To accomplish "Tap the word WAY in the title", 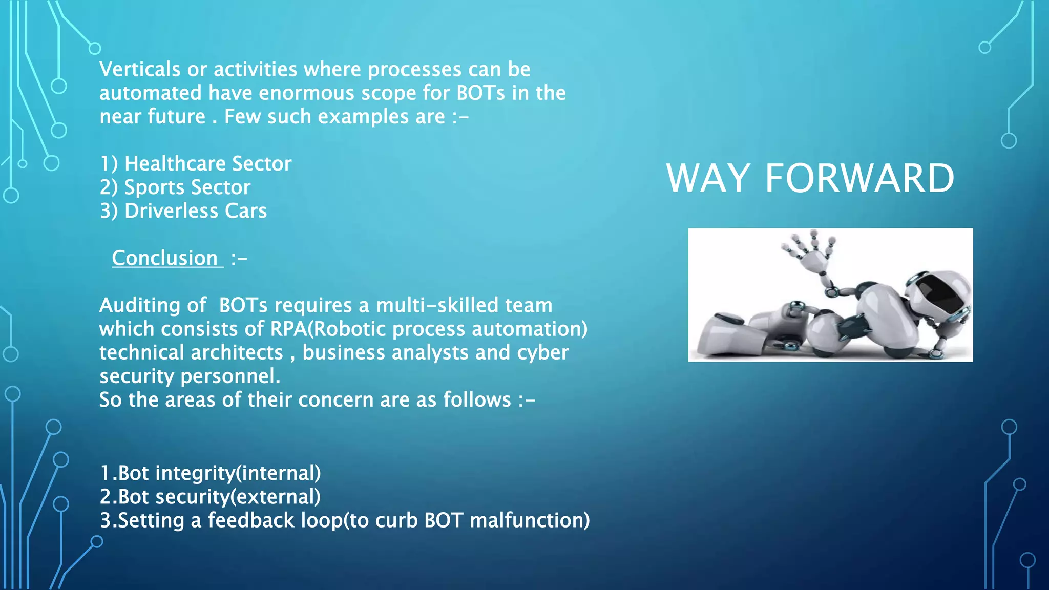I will (x=708, y=178).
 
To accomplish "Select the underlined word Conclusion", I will (x=165, y=258).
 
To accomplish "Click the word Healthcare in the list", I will (x=175, y=164).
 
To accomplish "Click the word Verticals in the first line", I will (x=140, y=69).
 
